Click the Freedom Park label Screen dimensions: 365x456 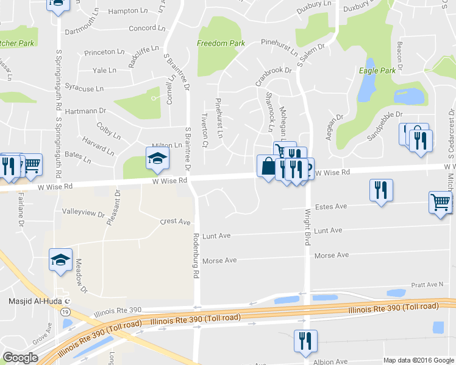[x=221, y=43]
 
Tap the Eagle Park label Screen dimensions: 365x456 [x=378, y=71]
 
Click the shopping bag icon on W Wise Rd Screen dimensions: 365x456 [x=268, y=166]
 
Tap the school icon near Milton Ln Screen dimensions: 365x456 [x=157, y=159]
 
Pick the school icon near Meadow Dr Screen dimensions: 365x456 [x=61, y=260]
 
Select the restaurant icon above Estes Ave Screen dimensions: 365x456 [x=381, y=190]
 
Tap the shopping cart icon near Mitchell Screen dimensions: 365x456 [x=441, y=202]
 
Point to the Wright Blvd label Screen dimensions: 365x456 [x=307, y=228]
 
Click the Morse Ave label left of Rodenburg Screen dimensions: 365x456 [x=219, y=260]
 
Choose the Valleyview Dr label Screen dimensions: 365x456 [x=84, y=213]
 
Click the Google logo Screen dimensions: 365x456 [x=21, y=358]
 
